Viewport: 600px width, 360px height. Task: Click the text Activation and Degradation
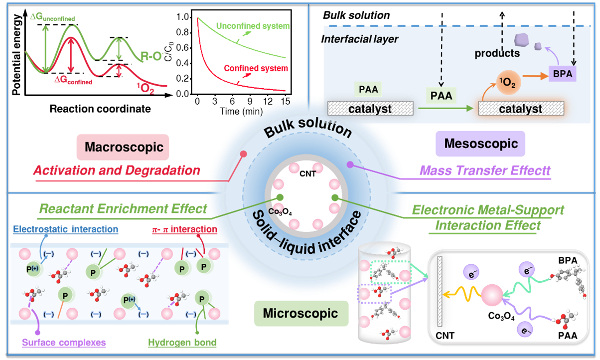point(117,170)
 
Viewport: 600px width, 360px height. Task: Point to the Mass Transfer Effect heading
point(485,171)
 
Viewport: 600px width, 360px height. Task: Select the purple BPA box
point(562,74)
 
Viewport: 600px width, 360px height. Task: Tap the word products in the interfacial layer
point(497,53)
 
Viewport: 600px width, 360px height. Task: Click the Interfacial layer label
point(361,39)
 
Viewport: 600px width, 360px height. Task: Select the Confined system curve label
point(256,68)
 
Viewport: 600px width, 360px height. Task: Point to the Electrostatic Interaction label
point(66,229)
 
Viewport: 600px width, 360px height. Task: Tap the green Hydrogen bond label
point(182,343)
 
